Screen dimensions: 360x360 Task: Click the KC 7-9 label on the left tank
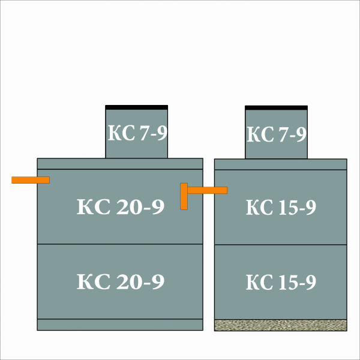click(x=137, y=133)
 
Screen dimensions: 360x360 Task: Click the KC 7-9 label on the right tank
click(x=277, y=134)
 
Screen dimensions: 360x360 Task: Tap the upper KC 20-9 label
click(x=121, y=206)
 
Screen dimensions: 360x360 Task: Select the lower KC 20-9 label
click(x=121, y=281)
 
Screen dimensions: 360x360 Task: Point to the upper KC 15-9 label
click(x=281, y=207)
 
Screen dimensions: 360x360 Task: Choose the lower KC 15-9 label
click(x=281, y=282)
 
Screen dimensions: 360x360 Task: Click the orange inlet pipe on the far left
click(x=31, y=180)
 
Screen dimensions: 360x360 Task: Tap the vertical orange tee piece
click(x=184, y=196)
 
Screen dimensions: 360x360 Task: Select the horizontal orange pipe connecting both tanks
click(x=208, y=190)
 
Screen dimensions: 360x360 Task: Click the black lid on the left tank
click(x=137, y=107)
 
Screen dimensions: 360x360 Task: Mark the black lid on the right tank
click(x=276, y=108)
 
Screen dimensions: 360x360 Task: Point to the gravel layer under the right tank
click(x=281, y=325)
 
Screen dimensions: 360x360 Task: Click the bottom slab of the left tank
click(x=120, y=325)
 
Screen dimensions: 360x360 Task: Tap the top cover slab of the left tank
click(x=120, y=164)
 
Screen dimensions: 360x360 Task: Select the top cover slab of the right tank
click(x=281, y=164)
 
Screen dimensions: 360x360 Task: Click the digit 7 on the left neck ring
click(x=145, y=133)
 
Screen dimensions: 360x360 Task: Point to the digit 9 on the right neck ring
click(x=301, y=134)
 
